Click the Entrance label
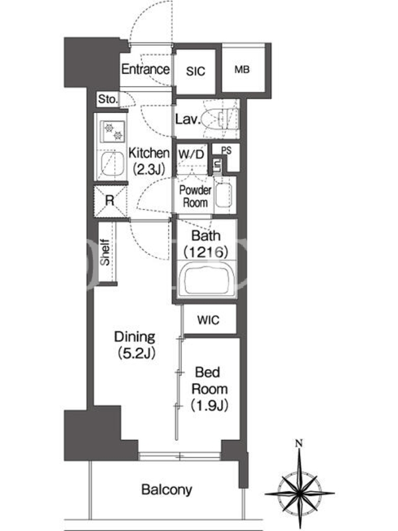(x=145, y=69)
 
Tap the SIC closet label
(x=196, y=71)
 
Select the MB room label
(x=242, y=70)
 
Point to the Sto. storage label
(x=107, y=99)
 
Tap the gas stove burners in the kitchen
(x=113, y=131)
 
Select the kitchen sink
(x=113, y=164)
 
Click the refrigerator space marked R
(x=109, y=201)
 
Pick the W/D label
(x=191, y=155)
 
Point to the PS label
(x=226, y=150)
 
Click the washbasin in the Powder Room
(x=224, y=195)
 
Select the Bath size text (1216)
(x=206, y=252)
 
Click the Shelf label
(x=105, y=252)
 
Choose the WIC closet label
(x=208, y=320)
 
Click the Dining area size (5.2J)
(x=137, y=353)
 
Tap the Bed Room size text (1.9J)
(x=209, y=405)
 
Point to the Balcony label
(x=167, y=490)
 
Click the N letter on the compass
(x=299, y=443)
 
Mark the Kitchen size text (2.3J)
(x=148, y=169)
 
